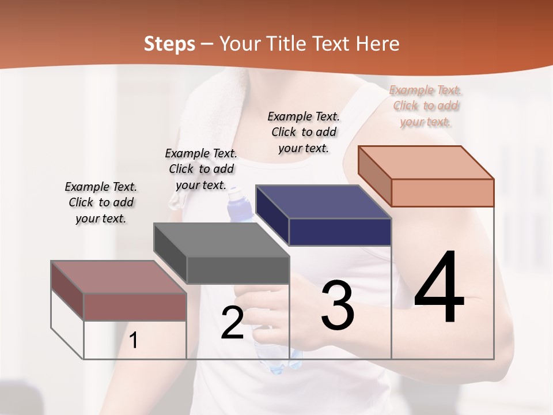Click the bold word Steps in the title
(x=169, y=44)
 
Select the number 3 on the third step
(x=338, y=305)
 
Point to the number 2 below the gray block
(x=232, y=323)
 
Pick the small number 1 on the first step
(x=134, y=341)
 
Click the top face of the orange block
(x=426, y=163)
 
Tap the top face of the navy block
(x=323, y=202)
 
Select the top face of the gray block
(x=221, y=240)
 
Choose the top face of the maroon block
(x=118, y=277)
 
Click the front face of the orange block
(x=442, y=193)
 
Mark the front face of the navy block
(x=340, y=232)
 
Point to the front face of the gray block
(x=238, y=270)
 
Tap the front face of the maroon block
(x=135, y=307)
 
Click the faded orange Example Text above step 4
(x=426, y=106)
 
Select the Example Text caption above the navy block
(x=304, y=132)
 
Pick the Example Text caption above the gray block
(x=201, y=169)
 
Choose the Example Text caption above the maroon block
(x=101, y=202)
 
